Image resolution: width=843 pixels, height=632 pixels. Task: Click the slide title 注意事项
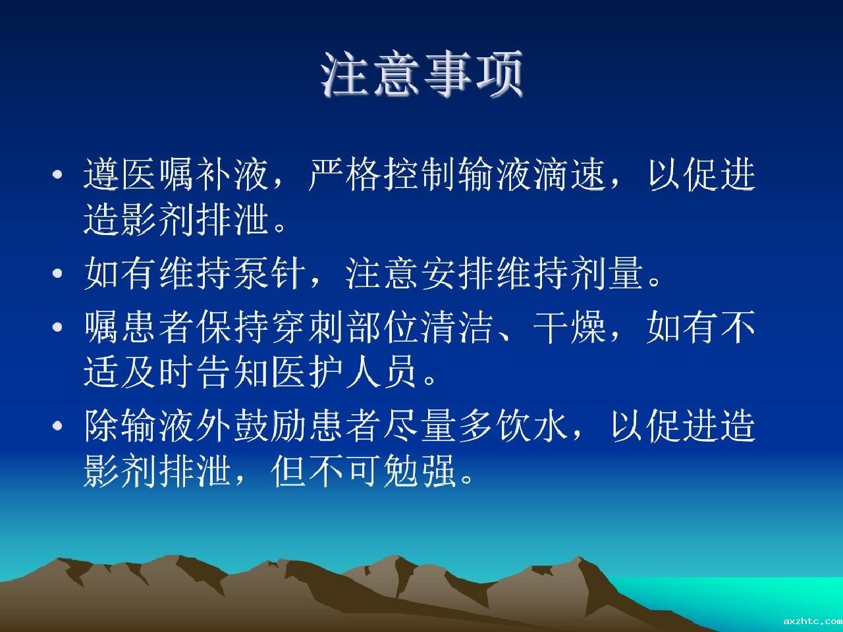pos(421,74)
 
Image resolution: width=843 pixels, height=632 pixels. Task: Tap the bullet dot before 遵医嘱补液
pos(57,175)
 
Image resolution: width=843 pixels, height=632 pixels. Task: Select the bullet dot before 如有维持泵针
pos(57,273)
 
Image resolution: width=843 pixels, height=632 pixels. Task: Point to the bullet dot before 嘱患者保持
pos(57,327)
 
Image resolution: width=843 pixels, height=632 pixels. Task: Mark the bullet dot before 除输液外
pos(57,425)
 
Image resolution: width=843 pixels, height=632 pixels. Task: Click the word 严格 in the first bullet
pos(344,174)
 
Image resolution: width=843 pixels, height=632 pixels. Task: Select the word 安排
pos(457,273)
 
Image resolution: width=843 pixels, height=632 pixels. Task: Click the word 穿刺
pos(307,327)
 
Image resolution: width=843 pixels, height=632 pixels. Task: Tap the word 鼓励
pos(269,425)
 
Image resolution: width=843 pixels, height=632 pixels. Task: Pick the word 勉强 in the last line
pos(420,471)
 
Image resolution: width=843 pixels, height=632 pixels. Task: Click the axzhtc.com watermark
pos(813,621)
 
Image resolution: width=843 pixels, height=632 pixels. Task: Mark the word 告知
pos(232,371)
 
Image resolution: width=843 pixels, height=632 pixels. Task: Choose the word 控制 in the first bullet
pos(420,174)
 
